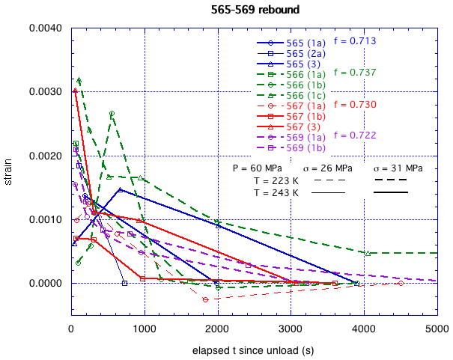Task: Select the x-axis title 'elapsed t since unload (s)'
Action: tap(255, 350)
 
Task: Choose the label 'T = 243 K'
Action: tap(276, 192)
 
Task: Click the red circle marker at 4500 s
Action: tap(401, 284)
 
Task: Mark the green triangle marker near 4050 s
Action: tap(368, 253)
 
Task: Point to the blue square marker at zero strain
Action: tap(124, 284)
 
